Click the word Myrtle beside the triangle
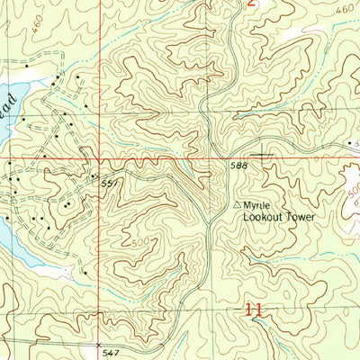coord(259,205)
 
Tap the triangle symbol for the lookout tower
coord(238,205)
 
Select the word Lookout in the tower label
coord(261,218)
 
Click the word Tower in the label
coord(301,218)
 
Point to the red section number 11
coord(256,309)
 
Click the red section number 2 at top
coord(252,4)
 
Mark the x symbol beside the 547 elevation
coord(99,344)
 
